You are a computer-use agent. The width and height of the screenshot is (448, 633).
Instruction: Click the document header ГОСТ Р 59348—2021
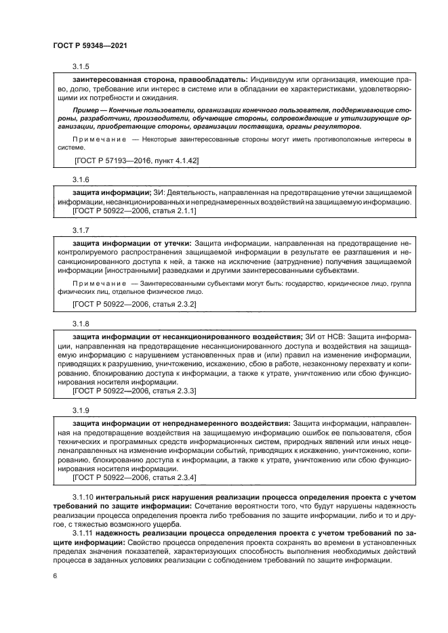tap(90, 45)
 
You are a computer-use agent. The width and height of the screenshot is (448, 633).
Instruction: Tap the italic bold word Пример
tap(86, 108)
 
